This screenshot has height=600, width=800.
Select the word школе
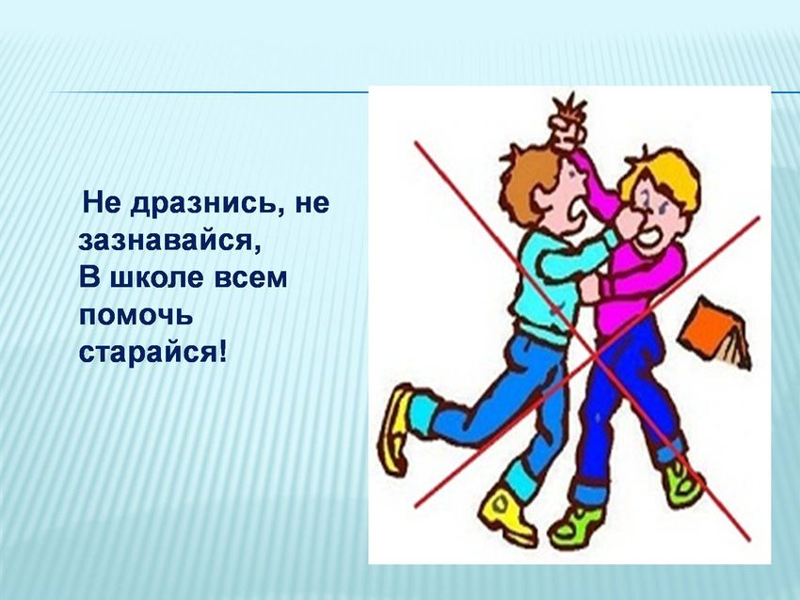(x=153, y=278)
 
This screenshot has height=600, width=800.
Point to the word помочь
(x=136, y=316)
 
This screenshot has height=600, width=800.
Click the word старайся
(x=147, y=354)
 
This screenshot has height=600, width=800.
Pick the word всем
(x=250, y=279)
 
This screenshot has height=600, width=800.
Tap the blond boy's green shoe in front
(x=577, y=525)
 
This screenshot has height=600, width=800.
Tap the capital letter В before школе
(x=88, y=278)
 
